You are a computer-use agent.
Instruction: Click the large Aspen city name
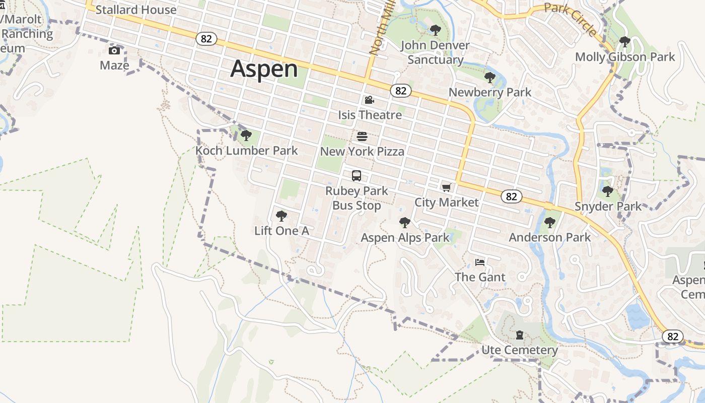pos(264,69)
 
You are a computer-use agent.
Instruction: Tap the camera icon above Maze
pos(114,50)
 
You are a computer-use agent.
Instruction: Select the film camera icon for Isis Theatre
pos(369,100)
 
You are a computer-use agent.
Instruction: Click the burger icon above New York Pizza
pos(362,136)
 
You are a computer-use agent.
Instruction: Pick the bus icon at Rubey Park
pos(357,176)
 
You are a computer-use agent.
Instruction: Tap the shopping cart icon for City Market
pos(446,188)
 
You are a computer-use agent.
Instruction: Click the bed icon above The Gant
pos(480,262)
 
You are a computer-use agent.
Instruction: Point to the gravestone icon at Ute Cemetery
pos(520,335)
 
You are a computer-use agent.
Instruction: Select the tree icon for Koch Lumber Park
pos(246,135)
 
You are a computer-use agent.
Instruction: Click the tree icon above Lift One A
pos(281,216)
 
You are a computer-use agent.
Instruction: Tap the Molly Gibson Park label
pos(625,57)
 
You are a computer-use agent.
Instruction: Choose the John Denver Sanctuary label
pos(435,52)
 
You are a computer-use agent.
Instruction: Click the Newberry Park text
pos(489,92)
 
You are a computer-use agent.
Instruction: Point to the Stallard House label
pos(136,10)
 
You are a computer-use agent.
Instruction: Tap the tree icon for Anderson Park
pos(550,222)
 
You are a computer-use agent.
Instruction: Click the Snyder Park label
pos(608,206)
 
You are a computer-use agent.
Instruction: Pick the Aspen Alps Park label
pos(405,237)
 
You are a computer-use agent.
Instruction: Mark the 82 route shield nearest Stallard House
pos(206,39)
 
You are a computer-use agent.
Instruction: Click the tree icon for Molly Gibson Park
pos(625,42)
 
